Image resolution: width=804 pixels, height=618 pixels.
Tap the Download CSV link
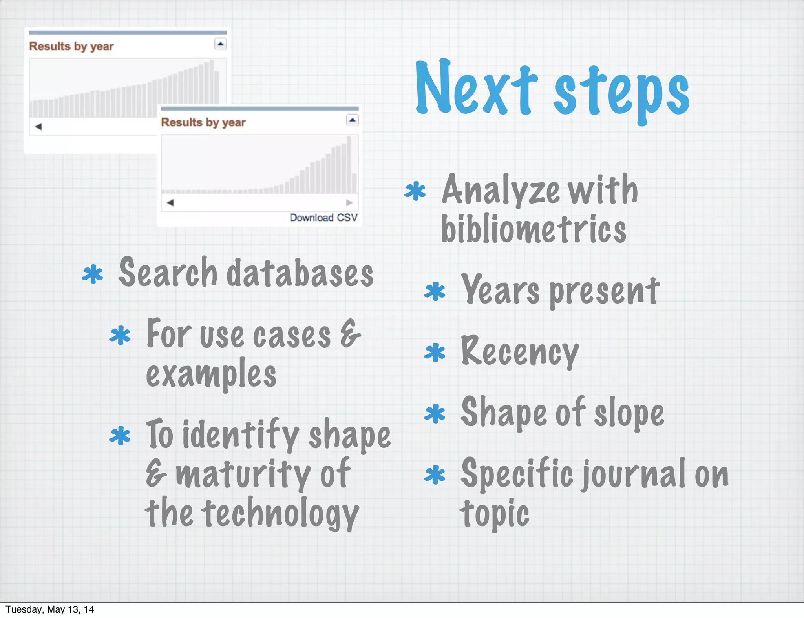(323, 218)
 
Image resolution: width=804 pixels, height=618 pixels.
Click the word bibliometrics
(533, 229)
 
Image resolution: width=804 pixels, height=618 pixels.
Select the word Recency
(520, 352)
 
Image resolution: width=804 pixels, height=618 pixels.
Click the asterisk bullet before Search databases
(93, 274)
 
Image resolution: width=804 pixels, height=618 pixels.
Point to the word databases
(300, 273)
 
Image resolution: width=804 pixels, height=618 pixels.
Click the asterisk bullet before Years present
(435, 292)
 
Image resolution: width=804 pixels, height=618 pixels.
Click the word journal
(634, 475)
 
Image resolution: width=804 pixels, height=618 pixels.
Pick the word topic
(495, 514)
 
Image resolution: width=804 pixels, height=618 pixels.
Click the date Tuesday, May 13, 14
(50, 609)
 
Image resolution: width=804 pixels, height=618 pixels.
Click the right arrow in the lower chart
(349, 203)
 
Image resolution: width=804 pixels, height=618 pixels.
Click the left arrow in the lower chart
(170, 203)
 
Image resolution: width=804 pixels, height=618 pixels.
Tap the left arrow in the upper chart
(38, 127)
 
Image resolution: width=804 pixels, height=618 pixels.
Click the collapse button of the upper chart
(221, 44)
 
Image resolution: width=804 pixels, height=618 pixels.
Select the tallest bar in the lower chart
(349, 165)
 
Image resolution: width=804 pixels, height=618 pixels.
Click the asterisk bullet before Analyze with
(415, 191)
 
